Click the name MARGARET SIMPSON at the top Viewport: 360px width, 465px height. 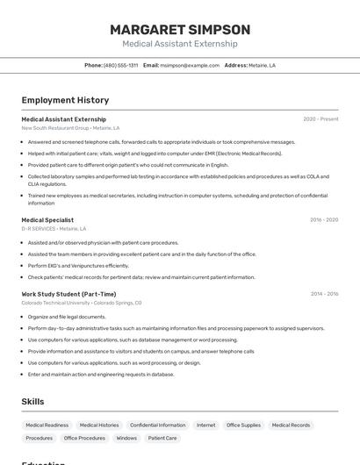coord(180,29)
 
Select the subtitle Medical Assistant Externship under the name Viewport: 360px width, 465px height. coord(180,44)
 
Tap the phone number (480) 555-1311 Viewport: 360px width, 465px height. coord(120,65)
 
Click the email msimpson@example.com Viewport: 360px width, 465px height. coord(190,65)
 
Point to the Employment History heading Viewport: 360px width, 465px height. coord(65,100)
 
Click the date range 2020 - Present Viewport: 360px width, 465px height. coord(320,119)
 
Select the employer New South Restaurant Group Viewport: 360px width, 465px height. coord(55,128)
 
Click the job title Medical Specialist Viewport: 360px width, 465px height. coord(47,220)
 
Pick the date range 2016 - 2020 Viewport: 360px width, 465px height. coord(323,220)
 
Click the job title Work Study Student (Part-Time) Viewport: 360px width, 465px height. coord(68,294)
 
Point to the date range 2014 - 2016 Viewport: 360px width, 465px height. coord(324,294)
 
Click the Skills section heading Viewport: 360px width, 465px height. coord(33,402)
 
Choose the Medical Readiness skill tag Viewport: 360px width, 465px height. coord(46,425)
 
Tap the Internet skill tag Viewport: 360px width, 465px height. coord(205,425)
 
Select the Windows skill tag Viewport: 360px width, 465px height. coord(126,438)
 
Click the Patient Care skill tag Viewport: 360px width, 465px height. coord(162,438)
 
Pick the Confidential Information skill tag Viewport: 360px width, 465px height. coord(157,425)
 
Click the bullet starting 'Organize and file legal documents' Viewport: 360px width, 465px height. coord(67,317)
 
